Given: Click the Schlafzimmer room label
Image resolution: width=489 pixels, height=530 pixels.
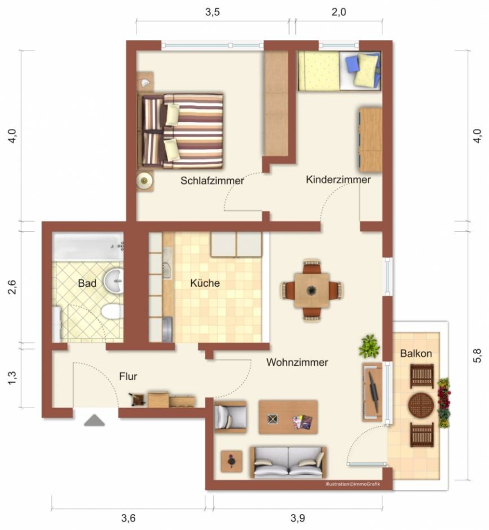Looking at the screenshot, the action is coord(212,181).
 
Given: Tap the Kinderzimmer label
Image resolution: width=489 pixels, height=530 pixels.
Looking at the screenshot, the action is coord(338,180).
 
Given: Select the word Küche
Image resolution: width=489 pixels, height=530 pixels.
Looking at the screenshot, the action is coord(205,283).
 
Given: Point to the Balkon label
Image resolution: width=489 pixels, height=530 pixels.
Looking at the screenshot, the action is coord(415,353).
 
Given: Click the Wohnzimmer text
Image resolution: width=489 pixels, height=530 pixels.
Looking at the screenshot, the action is coord(297,362).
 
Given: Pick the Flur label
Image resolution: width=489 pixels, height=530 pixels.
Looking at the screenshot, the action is coord(128,376).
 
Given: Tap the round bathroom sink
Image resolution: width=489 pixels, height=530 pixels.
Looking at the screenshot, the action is coord(113,280).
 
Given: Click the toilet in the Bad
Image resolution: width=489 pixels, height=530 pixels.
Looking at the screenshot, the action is coord(112,312).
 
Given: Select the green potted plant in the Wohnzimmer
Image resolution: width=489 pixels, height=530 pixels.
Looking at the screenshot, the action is coord(369,346).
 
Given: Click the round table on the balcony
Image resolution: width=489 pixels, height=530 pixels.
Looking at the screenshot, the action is coord(421,405).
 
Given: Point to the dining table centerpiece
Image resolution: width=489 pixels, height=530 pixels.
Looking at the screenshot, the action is coord(311,290).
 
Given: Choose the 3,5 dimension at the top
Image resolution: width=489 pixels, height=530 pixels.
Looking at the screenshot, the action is coord(212,12).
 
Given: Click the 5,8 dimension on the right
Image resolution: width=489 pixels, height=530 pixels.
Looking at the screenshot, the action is coord(477,356).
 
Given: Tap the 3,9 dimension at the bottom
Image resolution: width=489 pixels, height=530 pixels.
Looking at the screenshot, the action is coord(298,518).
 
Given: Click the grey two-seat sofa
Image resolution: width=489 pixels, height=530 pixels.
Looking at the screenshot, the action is coord(288,462).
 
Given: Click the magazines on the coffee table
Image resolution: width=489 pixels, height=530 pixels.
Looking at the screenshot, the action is coord(302,422).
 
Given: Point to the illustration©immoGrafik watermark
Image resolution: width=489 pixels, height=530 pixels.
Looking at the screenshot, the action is coord(353,484).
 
